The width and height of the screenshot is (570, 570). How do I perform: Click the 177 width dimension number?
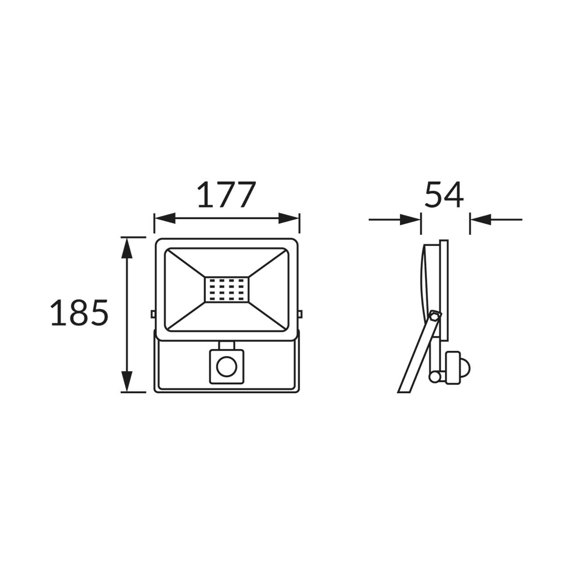[226, 195]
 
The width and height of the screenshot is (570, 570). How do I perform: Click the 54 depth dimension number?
[444, 195]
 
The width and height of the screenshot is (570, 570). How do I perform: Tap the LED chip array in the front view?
[227, 290]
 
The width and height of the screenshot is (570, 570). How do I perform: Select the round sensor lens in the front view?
[227, 367]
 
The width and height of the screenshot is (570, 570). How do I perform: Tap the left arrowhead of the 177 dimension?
[165, 218]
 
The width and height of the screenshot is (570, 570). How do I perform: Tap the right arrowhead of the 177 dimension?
[289, 218]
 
